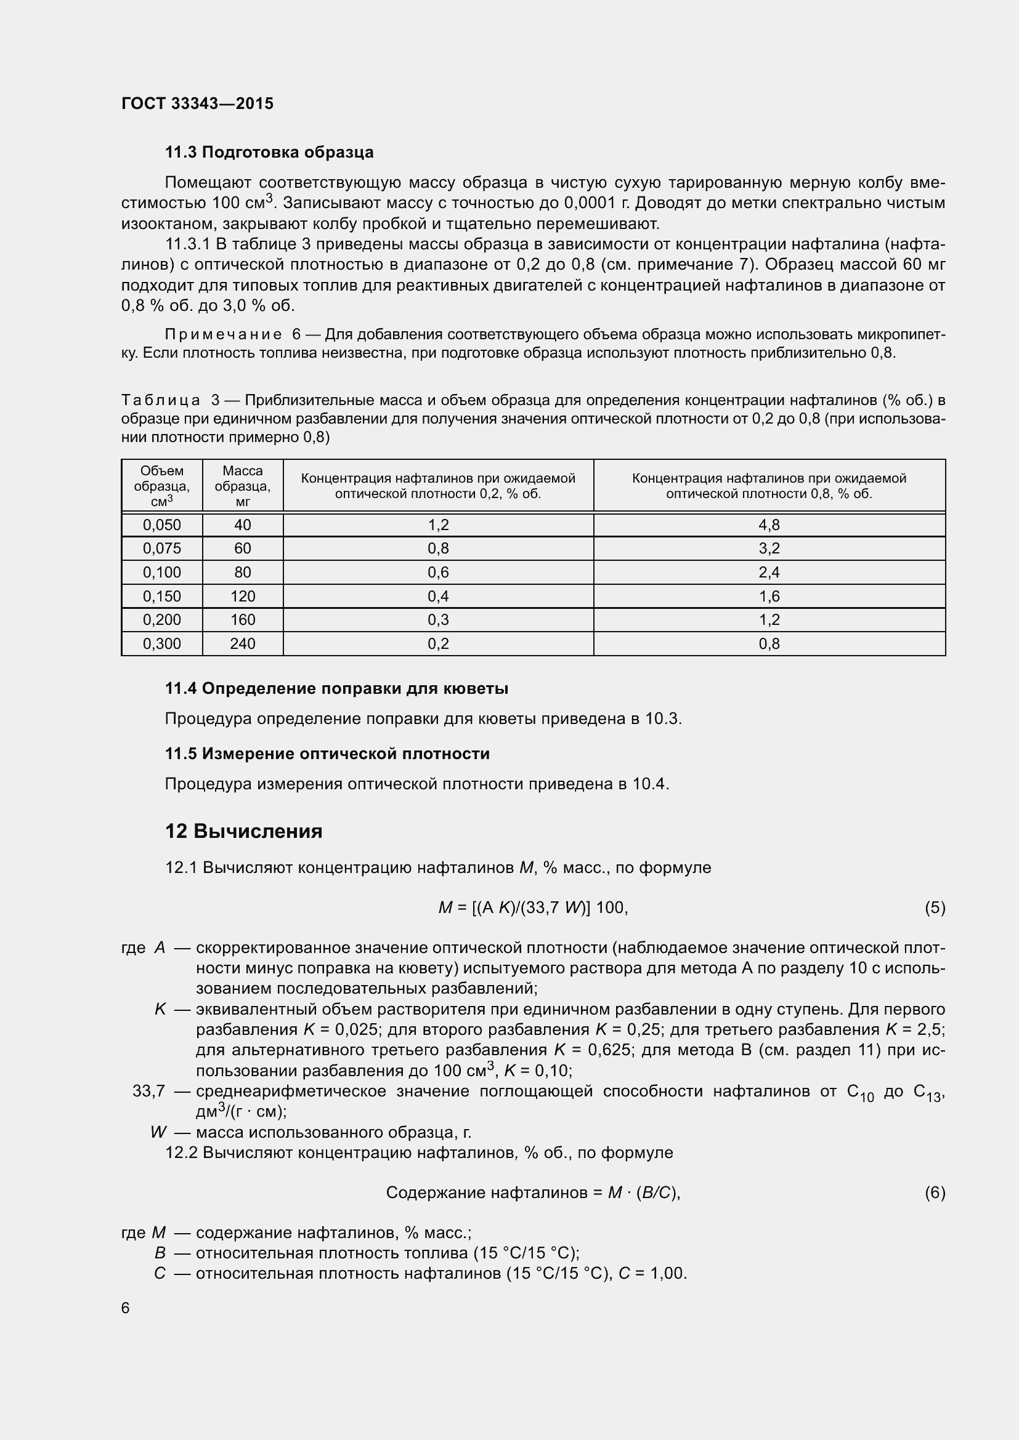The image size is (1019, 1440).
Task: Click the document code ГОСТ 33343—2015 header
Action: tap(197, 103)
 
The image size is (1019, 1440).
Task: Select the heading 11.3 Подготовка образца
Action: tap(269, 152)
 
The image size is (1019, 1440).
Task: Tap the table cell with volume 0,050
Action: tap(162, 525)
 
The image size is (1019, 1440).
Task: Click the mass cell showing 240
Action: tap(242, 643)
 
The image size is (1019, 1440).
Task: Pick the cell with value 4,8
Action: tap(769, 525)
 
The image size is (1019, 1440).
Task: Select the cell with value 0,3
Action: tap(438, 620)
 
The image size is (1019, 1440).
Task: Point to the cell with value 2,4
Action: tap(769, 572)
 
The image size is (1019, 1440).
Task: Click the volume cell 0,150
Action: tap(162, 596)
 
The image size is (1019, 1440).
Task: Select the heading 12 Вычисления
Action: tap(243, 831)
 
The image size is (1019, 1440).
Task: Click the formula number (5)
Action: tap(935, 907)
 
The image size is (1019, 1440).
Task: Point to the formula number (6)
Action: tap(935, 1193)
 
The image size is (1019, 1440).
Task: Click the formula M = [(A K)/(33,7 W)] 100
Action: tap(533, 907)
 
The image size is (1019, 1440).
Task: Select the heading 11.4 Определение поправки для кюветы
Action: tap(336, 688)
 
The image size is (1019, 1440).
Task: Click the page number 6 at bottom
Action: tap(126, 1308)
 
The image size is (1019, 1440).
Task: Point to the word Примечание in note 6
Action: tap(223, 334)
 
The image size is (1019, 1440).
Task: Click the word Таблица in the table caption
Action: tap(161, 400)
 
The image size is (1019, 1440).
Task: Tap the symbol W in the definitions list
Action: tap(159, 1132)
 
